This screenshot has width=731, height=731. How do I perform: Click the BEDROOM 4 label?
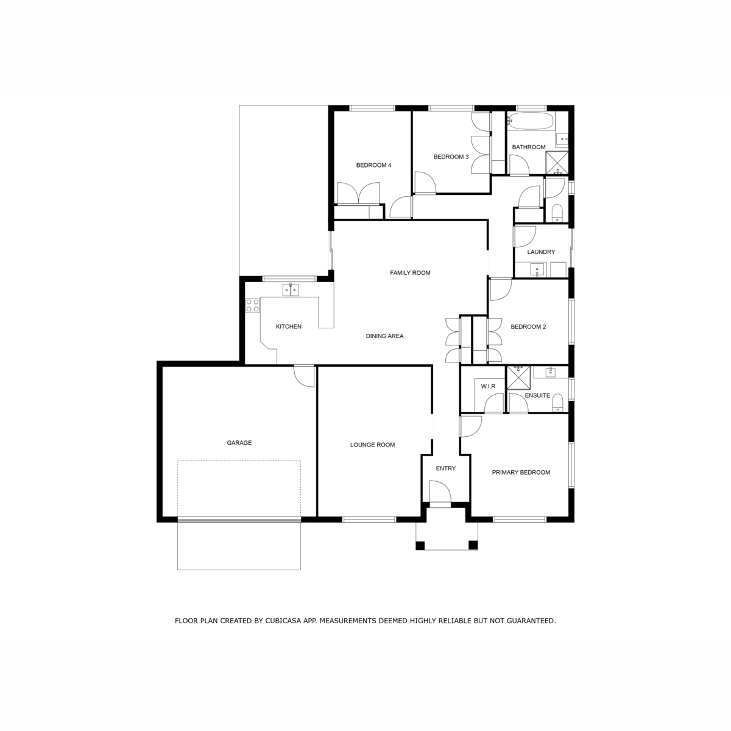coord(373,165)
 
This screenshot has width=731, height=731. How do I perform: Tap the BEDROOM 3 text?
coord(451,157)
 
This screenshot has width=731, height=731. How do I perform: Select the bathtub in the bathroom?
coord(530,121)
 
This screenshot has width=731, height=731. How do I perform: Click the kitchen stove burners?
coord(253,305)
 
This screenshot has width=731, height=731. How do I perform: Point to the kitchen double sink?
coord(290,290)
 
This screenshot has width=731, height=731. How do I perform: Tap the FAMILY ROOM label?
coord(410,273)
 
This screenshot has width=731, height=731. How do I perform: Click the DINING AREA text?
coord(384,336)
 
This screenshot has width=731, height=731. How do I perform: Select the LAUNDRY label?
coord(541,252)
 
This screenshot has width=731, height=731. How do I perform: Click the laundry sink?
coord(537,270)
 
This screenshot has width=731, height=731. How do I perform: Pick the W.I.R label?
coord(488,386)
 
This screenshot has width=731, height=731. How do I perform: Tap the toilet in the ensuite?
coord(557,403)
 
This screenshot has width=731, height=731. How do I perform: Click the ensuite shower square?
coord(518,378)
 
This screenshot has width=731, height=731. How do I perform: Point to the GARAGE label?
coord(239,443)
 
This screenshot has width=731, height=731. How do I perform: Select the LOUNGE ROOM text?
coord(372,445)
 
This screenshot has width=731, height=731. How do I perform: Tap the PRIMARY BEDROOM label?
coord(521,472)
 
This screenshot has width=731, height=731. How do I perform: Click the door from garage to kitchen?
coord(304,376)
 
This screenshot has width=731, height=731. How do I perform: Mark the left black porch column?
coord(420,545)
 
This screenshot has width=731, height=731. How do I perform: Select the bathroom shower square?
coord(557,163)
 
